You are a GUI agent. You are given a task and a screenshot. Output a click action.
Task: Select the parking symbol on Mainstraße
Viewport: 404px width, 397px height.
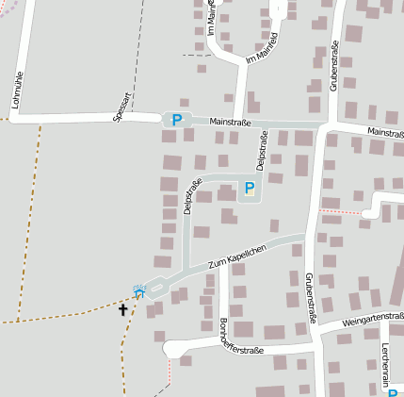point(175,120)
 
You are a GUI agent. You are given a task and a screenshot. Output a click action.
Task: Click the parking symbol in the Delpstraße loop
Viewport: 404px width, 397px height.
point(249,188)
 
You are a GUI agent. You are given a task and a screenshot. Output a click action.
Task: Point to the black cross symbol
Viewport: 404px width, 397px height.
point(123,308)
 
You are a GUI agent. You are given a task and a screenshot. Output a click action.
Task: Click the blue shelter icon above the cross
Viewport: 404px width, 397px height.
point(139,291)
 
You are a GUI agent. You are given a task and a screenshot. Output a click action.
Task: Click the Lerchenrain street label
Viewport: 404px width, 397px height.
point(386,358)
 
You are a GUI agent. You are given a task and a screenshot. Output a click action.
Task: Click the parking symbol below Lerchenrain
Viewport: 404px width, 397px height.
point(393,392)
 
